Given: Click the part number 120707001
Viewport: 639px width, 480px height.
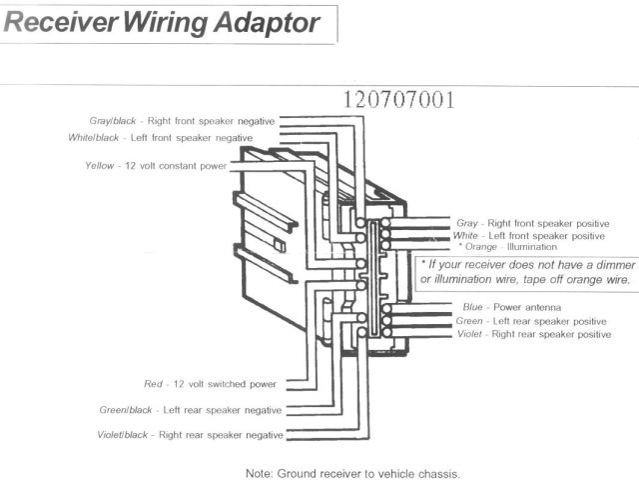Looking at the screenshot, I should coord(398,100).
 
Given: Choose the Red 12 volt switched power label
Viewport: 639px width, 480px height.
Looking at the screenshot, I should coord(211,384).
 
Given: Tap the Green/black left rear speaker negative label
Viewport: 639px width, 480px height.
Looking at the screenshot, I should coord(191,410).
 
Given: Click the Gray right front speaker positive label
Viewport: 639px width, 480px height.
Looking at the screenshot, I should coord(530,222).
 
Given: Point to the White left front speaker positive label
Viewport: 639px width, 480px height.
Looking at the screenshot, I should coord(530,235).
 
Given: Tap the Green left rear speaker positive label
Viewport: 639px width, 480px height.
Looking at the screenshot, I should coord(531,320).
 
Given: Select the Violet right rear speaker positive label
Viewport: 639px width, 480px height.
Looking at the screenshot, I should coord(533,334).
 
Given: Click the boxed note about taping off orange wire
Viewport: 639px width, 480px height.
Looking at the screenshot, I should coord(526,273).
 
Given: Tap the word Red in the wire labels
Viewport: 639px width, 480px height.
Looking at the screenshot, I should coord(154,384).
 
